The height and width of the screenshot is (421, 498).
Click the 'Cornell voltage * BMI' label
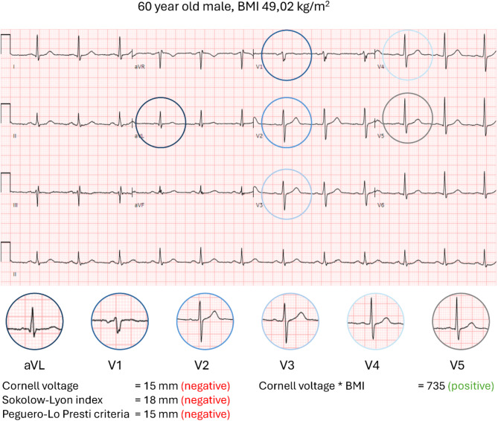point(315,385)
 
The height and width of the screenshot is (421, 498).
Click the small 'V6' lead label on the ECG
point(380,204)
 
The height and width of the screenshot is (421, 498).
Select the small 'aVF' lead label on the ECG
point(138,204)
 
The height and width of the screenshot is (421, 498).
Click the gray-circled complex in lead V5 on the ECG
point(406,118)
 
